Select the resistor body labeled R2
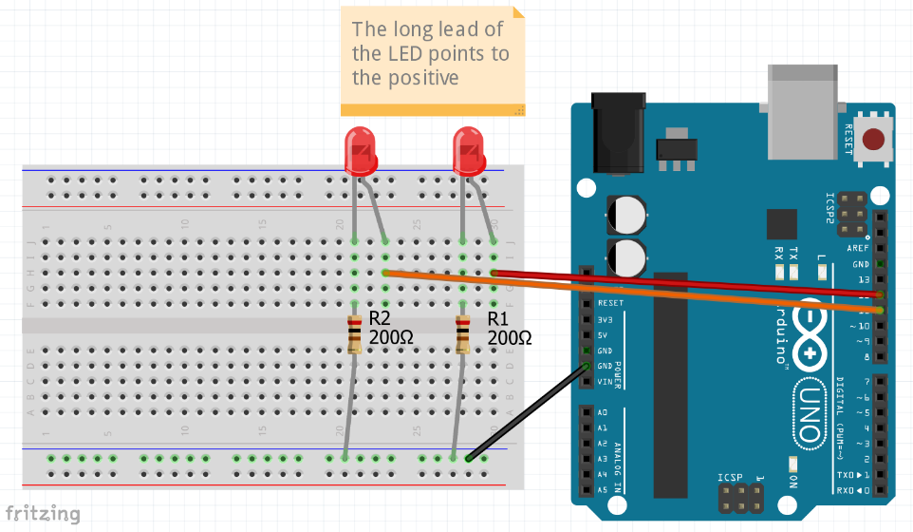[x=354, y=334]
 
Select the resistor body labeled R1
[x=463, y=334]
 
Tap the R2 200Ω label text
[x=391, y=328]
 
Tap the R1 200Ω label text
[x=509, y=328]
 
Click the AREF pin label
[x=857, y=247]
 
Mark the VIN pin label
[x=606, y=382]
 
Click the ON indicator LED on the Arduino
[x=792, y=465]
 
